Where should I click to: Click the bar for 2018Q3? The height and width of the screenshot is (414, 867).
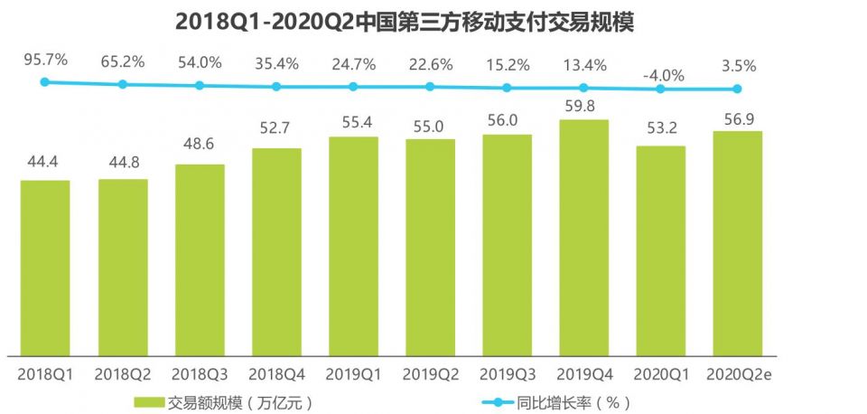coord(200,259)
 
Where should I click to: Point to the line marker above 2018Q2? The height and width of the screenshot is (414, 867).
coord(123,84)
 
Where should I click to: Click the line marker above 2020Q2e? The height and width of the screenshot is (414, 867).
coord(737,89)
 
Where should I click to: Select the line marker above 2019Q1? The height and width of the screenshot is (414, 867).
coord(353,87)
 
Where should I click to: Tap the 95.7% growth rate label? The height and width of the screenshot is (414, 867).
coord(46,61)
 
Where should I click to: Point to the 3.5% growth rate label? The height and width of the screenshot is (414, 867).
coord(737,66)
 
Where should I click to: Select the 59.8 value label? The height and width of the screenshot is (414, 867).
coord(583,106)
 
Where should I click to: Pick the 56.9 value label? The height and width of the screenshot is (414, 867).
coord(737,117)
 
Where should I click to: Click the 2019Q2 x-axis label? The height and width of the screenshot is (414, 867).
coord(430,373)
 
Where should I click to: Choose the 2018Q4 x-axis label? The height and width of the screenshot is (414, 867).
coord(276,373)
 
